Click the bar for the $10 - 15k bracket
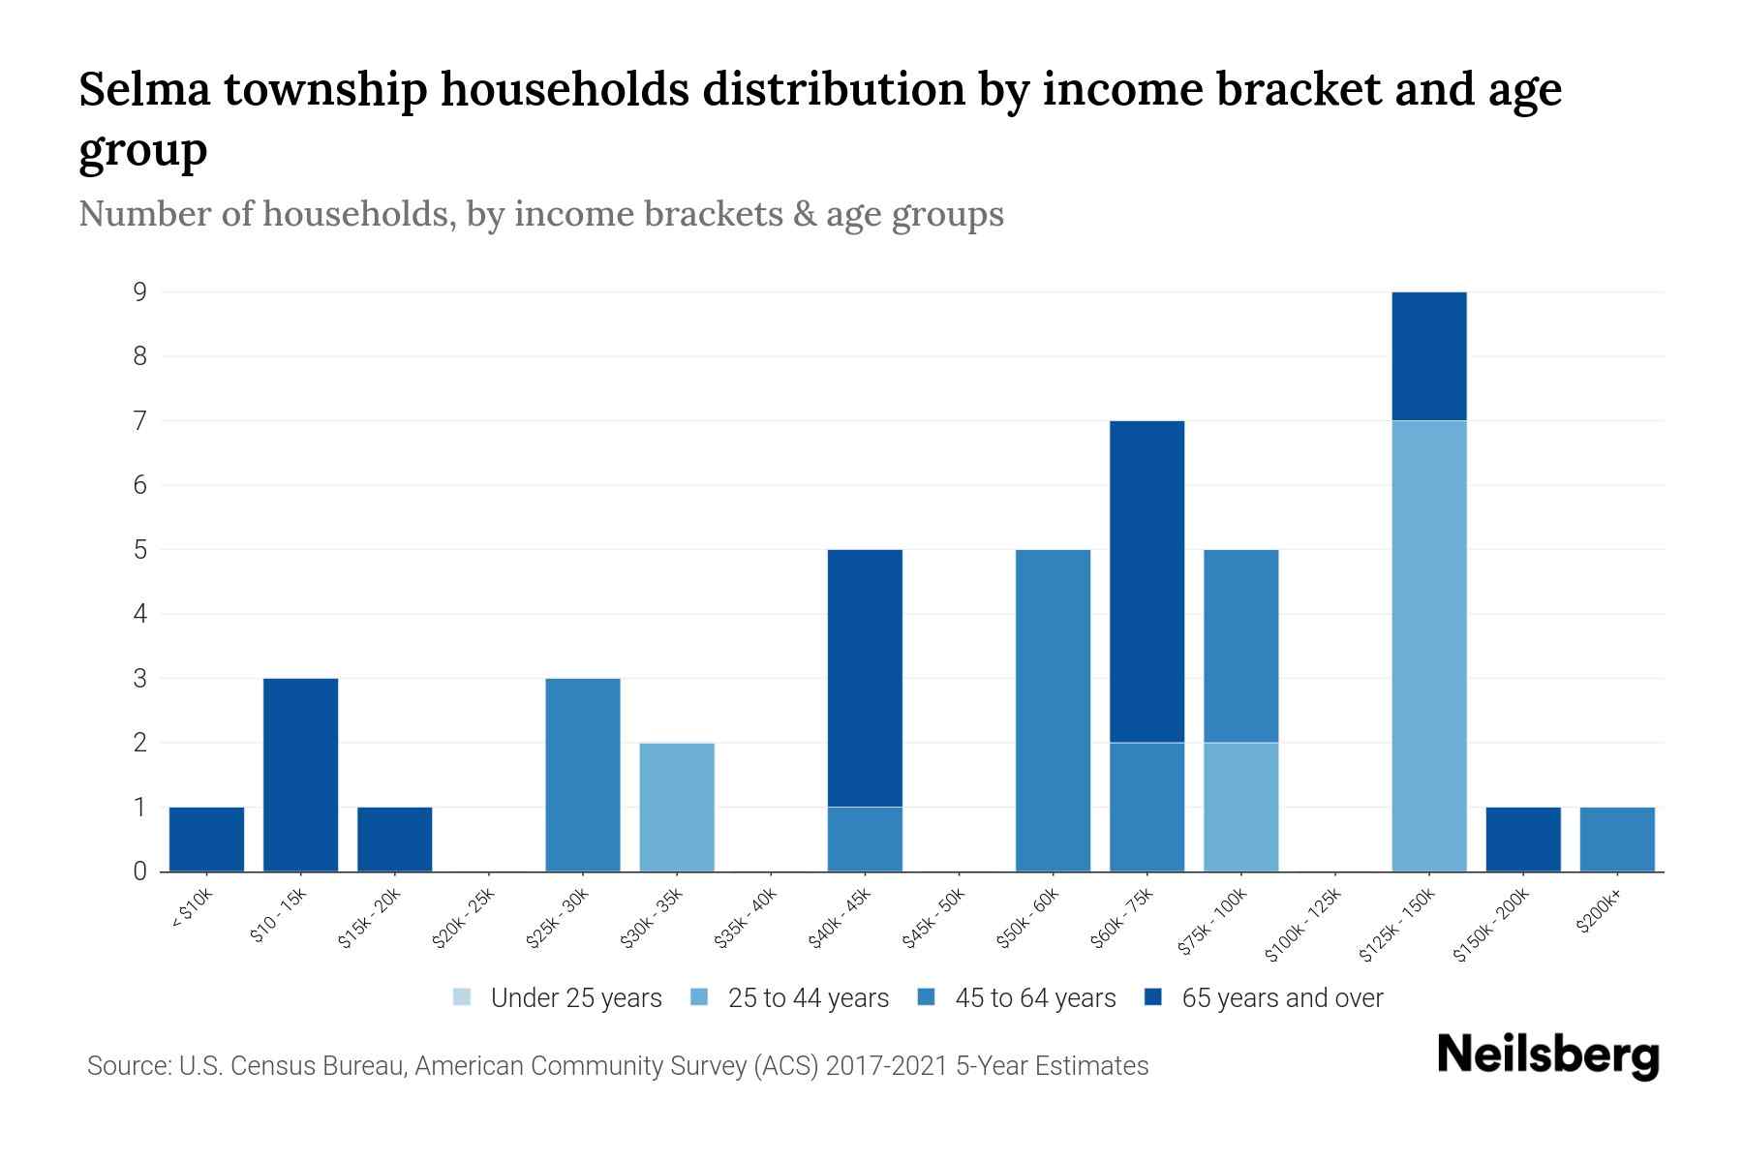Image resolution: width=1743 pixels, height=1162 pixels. pyautogui.click(x=300, y=775)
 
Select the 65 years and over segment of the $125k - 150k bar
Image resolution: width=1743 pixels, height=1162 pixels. pyautogui.click(x=1428, y=356)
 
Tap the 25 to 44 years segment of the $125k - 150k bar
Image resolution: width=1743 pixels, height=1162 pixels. pyautogui.click(x=1428, y=646)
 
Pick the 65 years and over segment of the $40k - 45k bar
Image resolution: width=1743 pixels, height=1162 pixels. pyautogui.click(x=865, y=678)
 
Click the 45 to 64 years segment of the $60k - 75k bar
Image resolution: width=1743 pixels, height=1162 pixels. pyautogui.click(x=1147, y=807)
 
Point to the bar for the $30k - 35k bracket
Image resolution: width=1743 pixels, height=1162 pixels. pyautogui.click(x=677, y=807)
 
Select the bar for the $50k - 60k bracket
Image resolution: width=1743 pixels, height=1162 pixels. pyautogui.click(x=1053, y=710)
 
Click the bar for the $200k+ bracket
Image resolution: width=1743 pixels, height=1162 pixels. pyautogui.click(x=1616, y=839)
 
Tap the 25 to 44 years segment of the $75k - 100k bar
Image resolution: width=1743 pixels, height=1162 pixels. pyautogui.click(x=1240, y=807)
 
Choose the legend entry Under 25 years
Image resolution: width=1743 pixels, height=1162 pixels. pyautogui.click(x=575, y=998)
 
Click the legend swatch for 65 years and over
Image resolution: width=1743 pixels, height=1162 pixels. pyautogui.click(x=1153, y=997)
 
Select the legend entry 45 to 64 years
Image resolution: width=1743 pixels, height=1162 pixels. pyautogui.click(x=1034, y=998)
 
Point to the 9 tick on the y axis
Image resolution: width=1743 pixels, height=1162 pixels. pyautogui.click(x=140, y=291)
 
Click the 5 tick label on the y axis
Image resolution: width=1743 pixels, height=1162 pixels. pyautogui.click(x=140, y=549)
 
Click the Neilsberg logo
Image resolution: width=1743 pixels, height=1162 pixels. pyautogui.click(x=1547, y=1055)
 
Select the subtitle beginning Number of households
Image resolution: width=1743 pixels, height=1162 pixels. pyautogui.click(x=540, y=214)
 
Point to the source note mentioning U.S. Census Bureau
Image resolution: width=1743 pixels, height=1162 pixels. pyautogui.click(x=617, y=1066)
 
